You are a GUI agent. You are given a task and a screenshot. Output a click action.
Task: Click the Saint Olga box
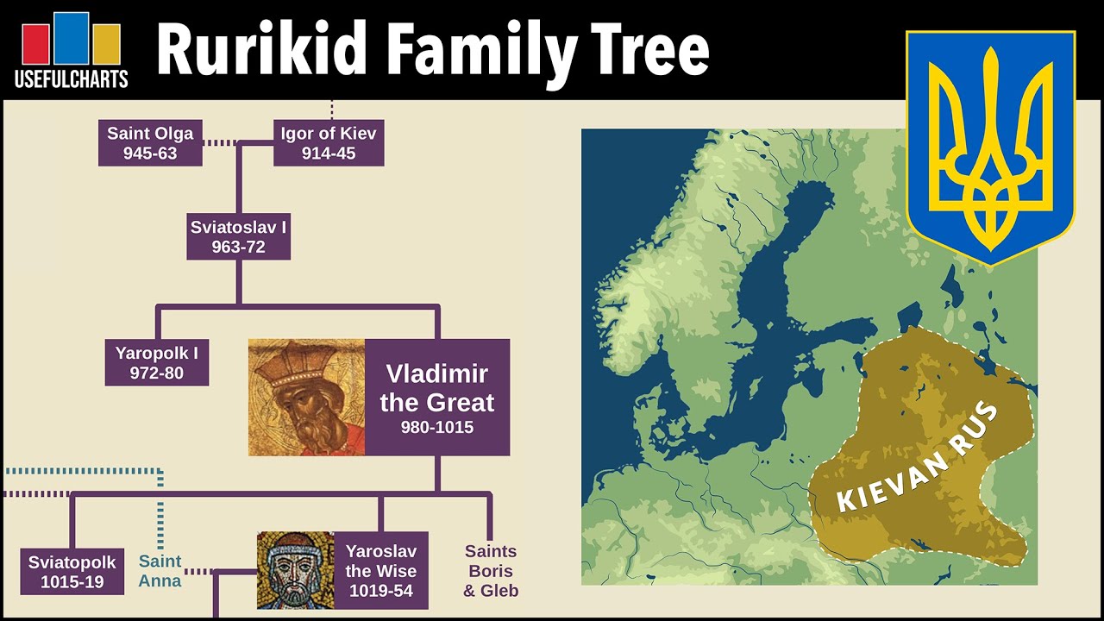click(x=150, y=143)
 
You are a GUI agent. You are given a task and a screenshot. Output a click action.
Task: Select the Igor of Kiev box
click(x=329, y=143)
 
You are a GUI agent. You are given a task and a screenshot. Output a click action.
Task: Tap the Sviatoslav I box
click(x=239, y=236)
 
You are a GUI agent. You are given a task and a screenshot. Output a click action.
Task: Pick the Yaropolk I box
click(x=157, y=362)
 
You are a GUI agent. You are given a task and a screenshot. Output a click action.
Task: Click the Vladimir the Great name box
click(x=437, y=398)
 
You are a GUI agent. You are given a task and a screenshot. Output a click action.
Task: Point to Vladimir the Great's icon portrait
click(x=306, y=398)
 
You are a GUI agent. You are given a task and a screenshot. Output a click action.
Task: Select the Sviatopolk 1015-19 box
click(x=72, y=572)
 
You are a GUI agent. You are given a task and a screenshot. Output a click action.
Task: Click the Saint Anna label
click(x=160, y=571)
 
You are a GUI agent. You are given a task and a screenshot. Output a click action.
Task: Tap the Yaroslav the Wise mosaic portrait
click(x=296, y=570)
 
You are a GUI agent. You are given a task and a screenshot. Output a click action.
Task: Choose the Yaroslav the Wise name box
click(x=381, y=570)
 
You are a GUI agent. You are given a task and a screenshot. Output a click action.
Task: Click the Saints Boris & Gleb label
click(x=491, y=570)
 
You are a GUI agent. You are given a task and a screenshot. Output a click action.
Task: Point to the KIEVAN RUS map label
click(x=918, y=457)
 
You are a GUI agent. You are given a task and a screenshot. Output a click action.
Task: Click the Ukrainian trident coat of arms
click(x=991, y=147)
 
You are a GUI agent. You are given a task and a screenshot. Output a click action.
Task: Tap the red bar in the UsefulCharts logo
click(x=35, y=44)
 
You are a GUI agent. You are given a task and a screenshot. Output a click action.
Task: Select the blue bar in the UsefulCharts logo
click(x=72, y=38)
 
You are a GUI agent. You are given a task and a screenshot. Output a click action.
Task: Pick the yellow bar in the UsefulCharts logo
click(x=107, y=44)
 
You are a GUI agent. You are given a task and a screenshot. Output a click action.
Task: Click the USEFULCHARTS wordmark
click(x=72, y=78)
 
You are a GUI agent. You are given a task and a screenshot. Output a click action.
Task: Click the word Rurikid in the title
click(x=261, y=49)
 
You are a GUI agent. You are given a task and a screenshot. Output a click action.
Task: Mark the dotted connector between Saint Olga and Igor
click(x=220, y=143)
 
